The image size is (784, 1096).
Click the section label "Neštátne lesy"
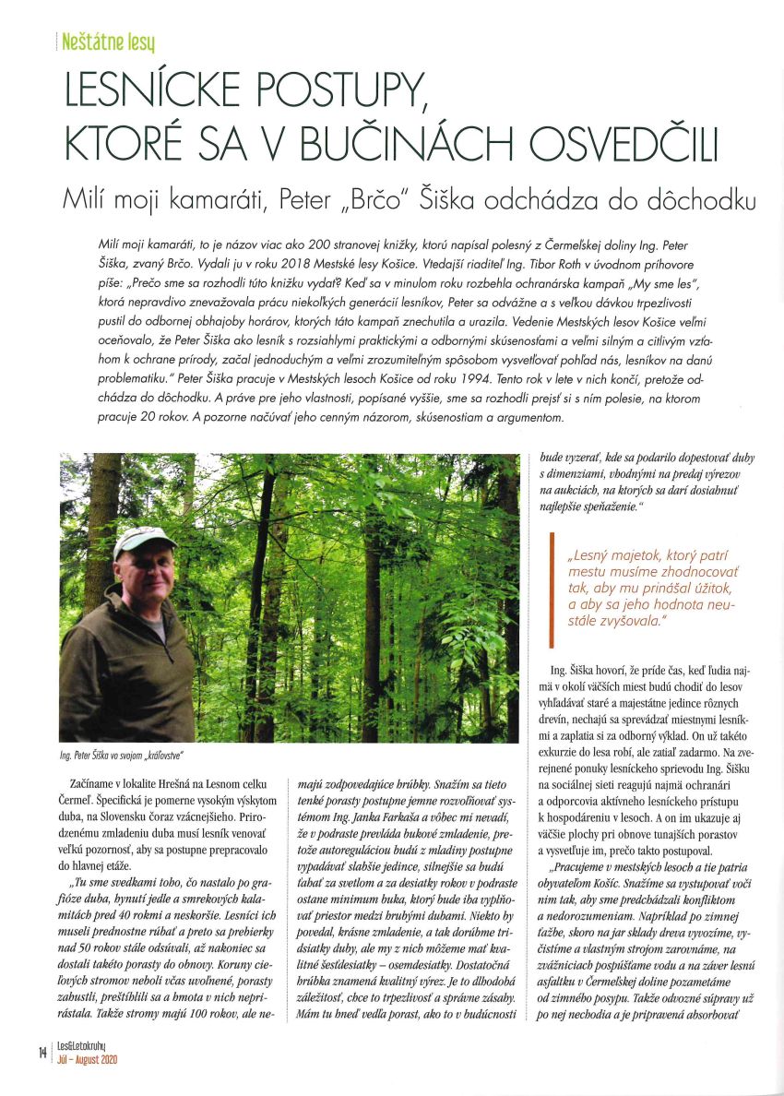pyautogui.click(x=108, y=42)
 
